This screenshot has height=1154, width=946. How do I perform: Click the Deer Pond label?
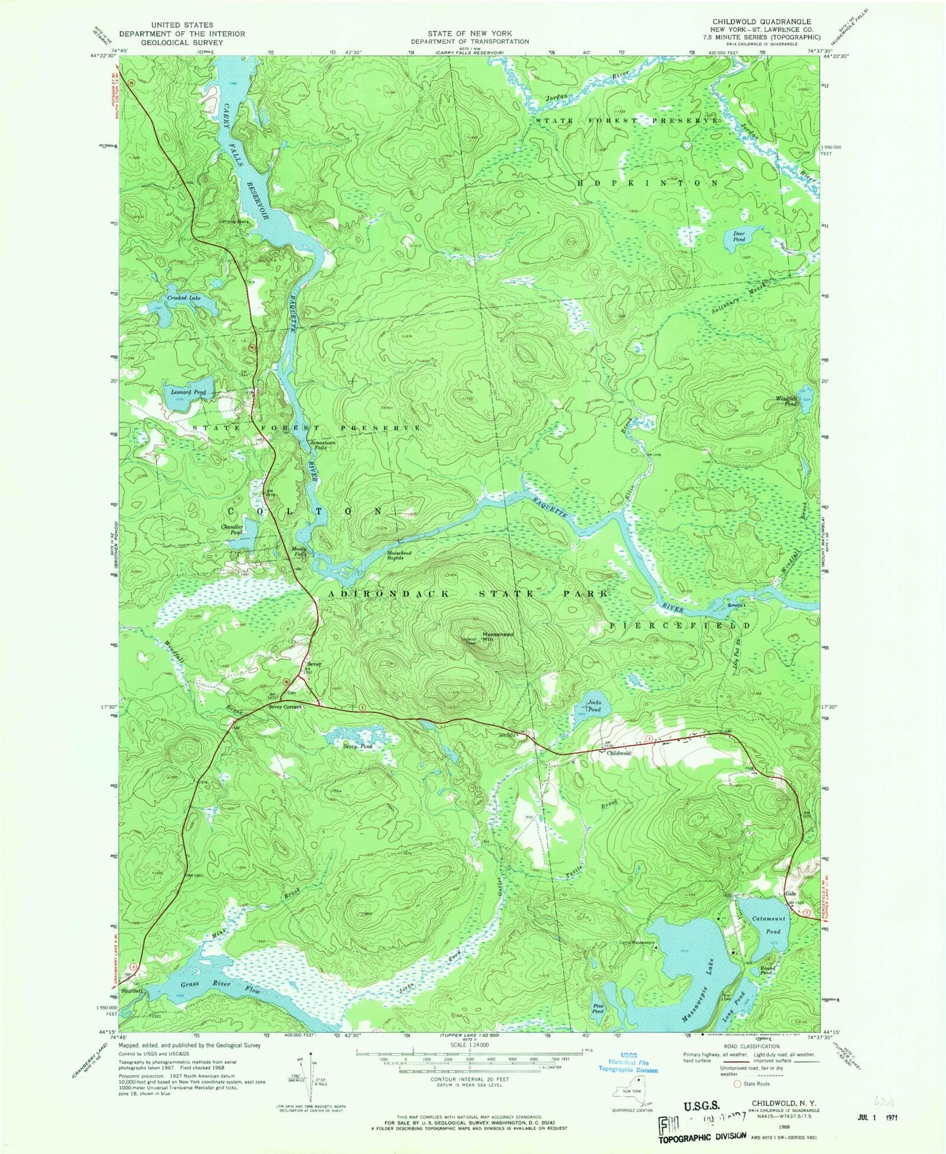(x=738, y=236)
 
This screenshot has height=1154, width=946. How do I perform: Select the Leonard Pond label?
(x=189, y=392)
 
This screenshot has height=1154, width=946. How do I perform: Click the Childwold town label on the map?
(x=618, y=753)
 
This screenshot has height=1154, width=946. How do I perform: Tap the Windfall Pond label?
(x=786, y=401)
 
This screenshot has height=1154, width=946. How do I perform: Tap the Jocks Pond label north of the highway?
(x=593, y=706)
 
